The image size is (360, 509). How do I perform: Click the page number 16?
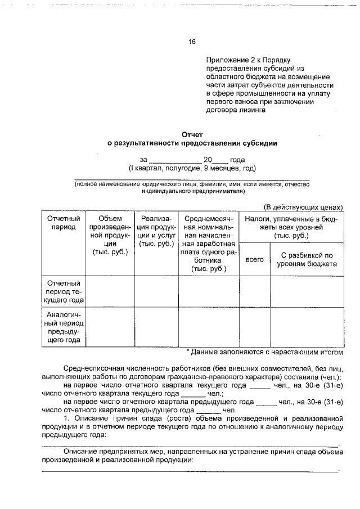click(192, 41)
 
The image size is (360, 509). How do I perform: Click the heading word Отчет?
click(192, 134)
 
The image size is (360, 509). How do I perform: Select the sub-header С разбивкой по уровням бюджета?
click(307, 259)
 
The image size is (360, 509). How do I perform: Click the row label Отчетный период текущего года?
click(64, 292)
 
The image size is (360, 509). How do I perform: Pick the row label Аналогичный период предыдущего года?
click(64, 327)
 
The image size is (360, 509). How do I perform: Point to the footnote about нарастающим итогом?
click(264, 352)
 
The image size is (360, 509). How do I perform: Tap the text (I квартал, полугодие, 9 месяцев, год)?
click(192, 168)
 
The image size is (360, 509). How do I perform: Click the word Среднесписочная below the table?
click(94, 368)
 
